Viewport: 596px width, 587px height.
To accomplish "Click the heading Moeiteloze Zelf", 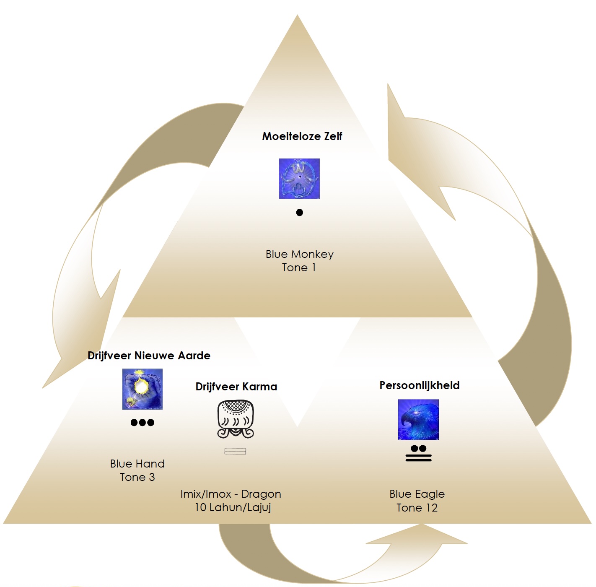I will [302, 136].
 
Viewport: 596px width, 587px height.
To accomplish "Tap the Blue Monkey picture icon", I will [299, 179].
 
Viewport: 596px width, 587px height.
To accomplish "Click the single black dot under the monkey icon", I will [299, 213].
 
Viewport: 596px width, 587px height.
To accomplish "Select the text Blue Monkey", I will [299, 254].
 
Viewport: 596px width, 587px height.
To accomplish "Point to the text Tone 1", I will [299, 268].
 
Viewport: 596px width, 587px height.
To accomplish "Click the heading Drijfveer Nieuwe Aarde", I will [149, 356].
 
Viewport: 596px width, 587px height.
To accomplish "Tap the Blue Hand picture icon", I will [143, 389].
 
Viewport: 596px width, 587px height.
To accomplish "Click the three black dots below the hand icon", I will [143, 422].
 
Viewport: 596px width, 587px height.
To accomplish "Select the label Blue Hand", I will [137, 464].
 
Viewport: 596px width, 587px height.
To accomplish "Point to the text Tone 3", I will [137, 477].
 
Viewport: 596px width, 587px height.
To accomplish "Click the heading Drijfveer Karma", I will [236, 387].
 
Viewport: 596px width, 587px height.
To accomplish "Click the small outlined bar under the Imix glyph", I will [235, 451].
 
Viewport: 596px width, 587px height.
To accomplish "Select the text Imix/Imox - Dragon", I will [231, 494].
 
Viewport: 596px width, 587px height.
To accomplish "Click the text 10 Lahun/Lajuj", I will [233, 507].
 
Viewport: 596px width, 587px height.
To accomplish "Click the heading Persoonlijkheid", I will [419, 385].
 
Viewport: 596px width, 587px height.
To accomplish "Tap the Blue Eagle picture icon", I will [418, 420].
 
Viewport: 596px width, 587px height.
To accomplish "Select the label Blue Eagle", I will [417, 494].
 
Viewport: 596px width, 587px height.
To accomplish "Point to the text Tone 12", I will [417, 508].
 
